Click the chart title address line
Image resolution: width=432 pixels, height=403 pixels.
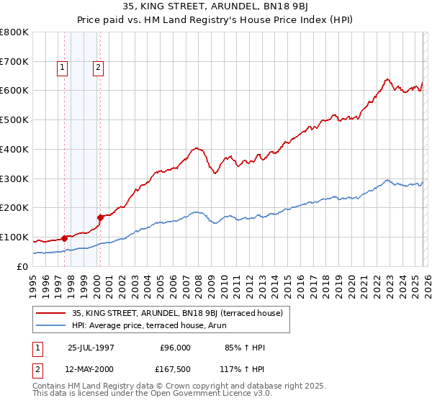click(x=215, y=8)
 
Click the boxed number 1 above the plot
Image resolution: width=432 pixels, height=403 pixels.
click(x=63, y=68)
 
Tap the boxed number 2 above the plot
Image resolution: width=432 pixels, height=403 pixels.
click(x=97, y=68)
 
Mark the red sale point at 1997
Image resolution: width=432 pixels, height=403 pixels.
click(x=65, y=237)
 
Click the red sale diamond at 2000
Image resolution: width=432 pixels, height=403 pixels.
click(x=100, y=217)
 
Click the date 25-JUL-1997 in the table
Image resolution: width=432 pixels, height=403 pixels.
click(x=91, y=348)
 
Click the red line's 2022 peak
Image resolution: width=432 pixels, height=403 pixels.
click(x=387, y=79)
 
